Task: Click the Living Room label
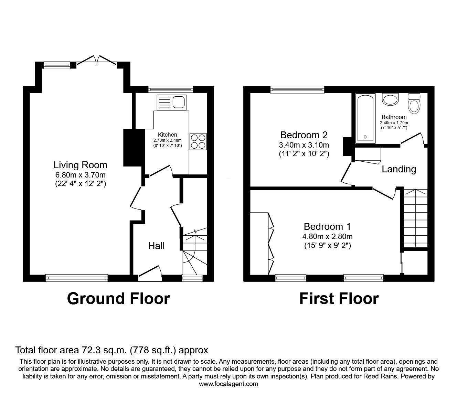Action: point(80,165)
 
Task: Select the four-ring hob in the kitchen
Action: point(198,141)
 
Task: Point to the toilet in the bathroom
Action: point(414,103)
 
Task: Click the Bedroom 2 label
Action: point(304,135)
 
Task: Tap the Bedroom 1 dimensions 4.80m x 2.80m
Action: point(327,236)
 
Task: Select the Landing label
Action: point(399,169)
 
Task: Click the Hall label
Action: point(156,246)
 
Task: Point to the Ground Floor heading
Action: point(118,299)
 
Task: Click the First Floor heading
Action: point(339,299)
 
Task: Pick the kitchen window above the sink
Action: point(171,89)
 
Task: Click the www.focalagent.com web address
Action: point(228,384)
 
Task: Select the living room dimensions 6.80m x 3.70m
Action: point(80,174)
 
